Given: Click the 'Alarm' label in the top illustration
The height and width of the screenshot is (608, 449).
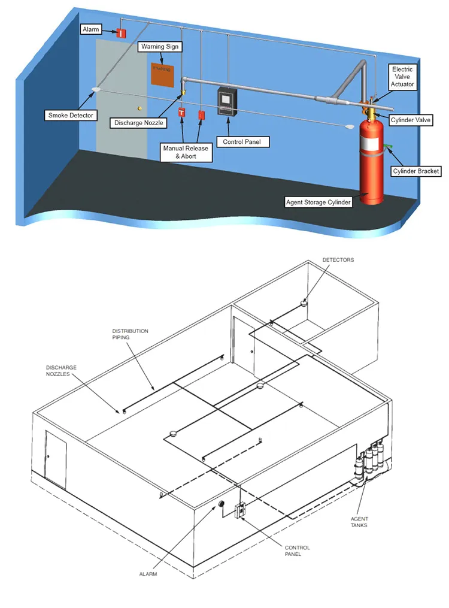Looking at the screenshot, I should pyautogui.click(x=92, y=29).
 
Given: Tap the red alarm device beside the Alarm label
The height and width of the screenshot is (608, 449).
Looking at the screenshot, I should pyautogui.click(x=121, y=32).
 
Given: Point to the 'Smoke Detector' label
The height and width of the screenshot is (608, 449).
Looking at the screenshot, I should pyautogui.click(x=71, y=114).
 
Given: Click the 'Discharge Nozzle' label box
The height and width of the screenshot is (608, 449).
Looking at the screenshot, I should pyautogui.click(x=139, y=123).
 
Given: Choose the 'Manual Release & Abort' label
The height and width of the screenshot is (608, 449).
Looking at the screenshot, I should pyautogui.click(x=186, y=152).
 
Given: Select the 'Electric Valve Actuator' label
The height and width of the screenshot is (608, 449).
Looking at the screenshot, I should pyautogui.click(x=402, y=77).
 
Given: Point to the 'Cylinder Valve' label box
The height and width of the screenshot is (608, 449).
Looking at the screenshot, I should pyautogui.click(x=410, y=120).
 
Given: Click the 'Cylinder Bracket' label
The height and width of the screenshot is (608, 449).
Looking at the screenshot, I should pyautogui.click(x=415, y=171).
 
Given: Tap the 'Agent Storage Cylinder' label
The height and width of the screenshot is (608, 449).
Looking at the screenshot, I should pyautogui.click(x=317, y=202).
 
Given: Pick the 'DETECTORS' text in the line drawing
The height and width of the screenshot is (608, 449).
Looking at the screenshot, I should pyautogui.click(x=338, y=260).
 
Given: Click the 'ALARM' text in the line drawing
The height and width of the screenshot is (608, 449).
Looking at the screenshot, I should pyautogui.click(x=148, y=574).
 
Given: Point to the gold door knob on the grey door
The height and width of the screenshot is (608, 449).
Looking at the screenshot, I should pyautogui.click(x=139, y=108).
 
